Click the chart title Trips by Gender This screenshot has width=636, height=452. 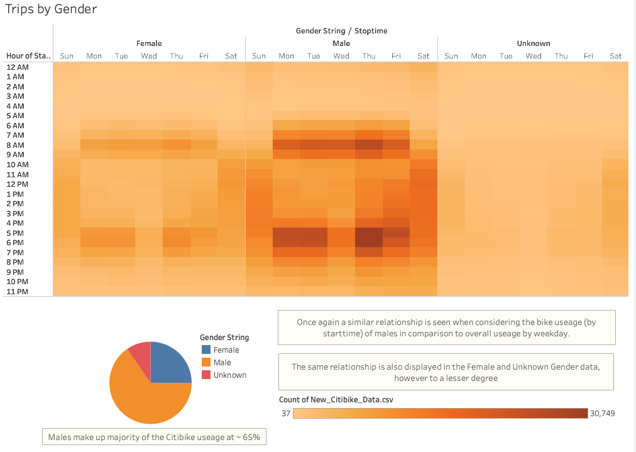point(51,9)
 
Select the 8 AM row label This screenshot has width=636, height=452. point(15,145)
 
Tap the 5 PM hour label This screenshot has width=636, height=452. point(15,233)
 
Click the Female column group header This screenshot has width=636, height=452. point(149,43)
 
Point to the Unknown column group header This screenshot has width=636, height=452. point(533,43)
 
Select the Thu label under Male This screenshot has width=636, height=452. point(369,56)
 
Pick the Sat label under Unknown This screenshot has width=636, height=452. point(615,56)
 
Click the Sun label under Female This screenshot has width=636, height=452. point(67,56)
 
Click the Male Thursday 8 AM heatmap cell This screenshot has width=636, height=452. point(369,145)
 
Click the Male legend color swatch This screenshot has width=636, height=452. point(206,363)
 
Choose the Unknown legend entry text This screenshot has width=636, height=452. point(230,375)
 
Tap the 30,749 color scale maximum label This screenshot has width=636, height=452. point(603,413)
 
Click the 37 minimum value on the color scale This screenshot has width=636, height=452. point(286,413)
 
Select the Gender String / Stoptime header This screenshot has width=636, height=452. point(341,30)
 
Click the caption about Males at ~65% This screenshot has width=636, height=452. point(154,437)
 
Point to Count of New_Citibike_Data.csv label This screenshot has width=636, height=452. point(336,400)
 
